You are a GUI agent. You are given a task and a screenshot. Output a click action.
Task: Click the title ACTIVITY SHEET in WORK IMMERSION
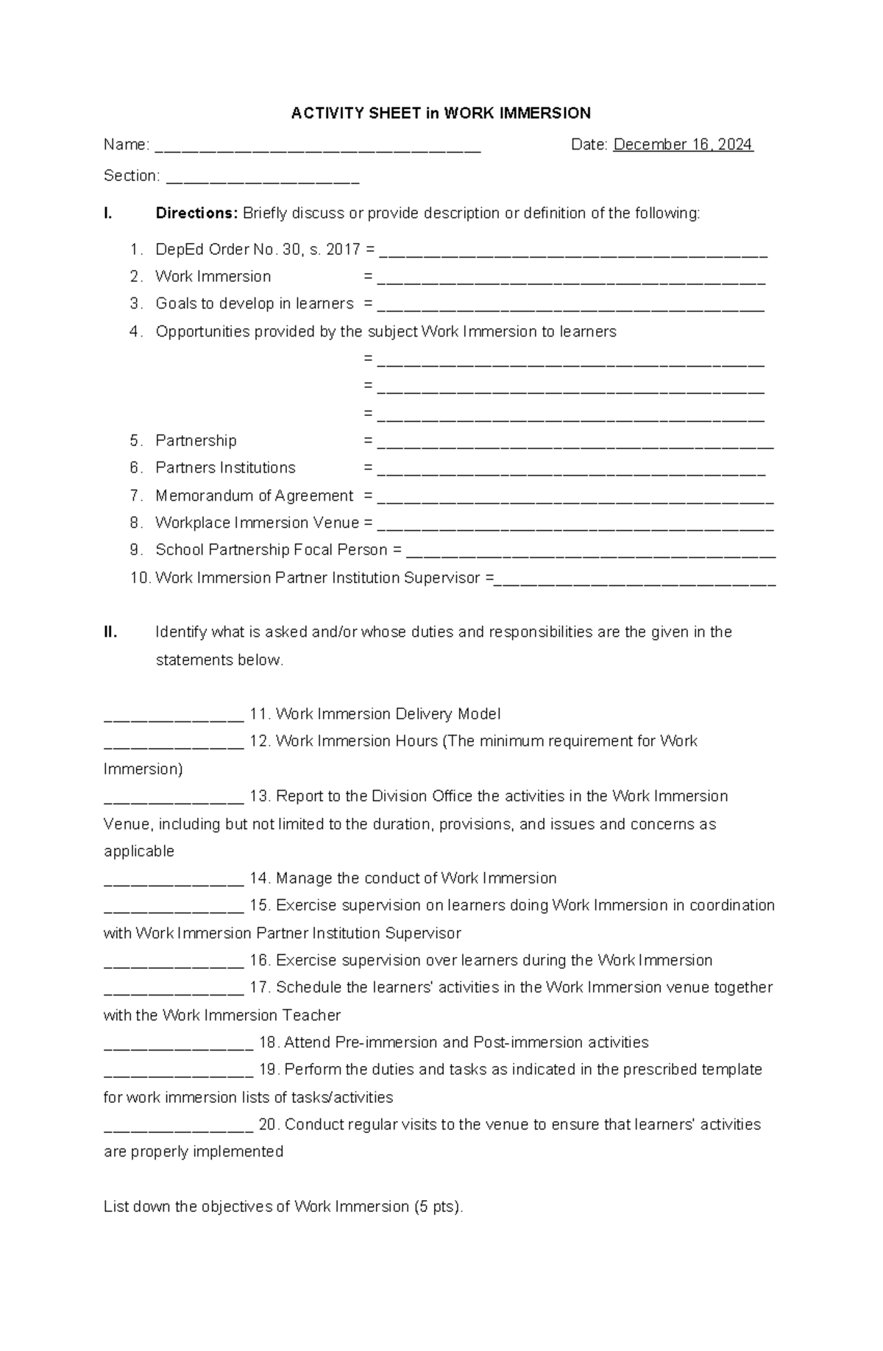(441, 113)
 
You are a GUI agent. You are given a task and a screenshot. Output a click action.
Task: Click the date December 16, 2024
(683, 144)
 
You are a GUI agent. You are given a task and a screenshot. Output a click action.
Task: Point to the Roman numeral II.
(110, 632)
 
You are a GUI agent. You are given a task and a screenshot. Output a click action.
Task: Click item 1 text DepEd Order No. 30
(229, 250)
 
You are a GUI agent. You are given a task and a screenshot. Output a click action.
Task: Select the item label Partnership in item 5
(196, 440)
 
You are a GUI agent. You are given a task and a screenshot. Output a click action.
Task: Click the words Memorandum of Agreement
(254, 495)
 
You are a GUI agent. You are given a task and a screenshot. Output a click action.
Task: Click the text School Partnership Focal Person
(271, 550)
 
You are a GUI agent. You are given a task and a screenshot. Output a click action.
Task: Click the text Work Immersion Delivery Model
(388, 714)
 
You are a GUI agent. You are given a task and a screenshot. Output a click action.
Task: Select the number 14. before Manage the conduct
(260, 878)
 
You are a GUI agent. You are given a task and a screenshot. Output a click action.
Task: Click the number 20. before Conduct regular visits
(269, 1124)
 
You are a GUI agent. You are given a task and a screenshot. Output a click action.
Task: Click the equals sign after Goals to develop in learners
(368, 304)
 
